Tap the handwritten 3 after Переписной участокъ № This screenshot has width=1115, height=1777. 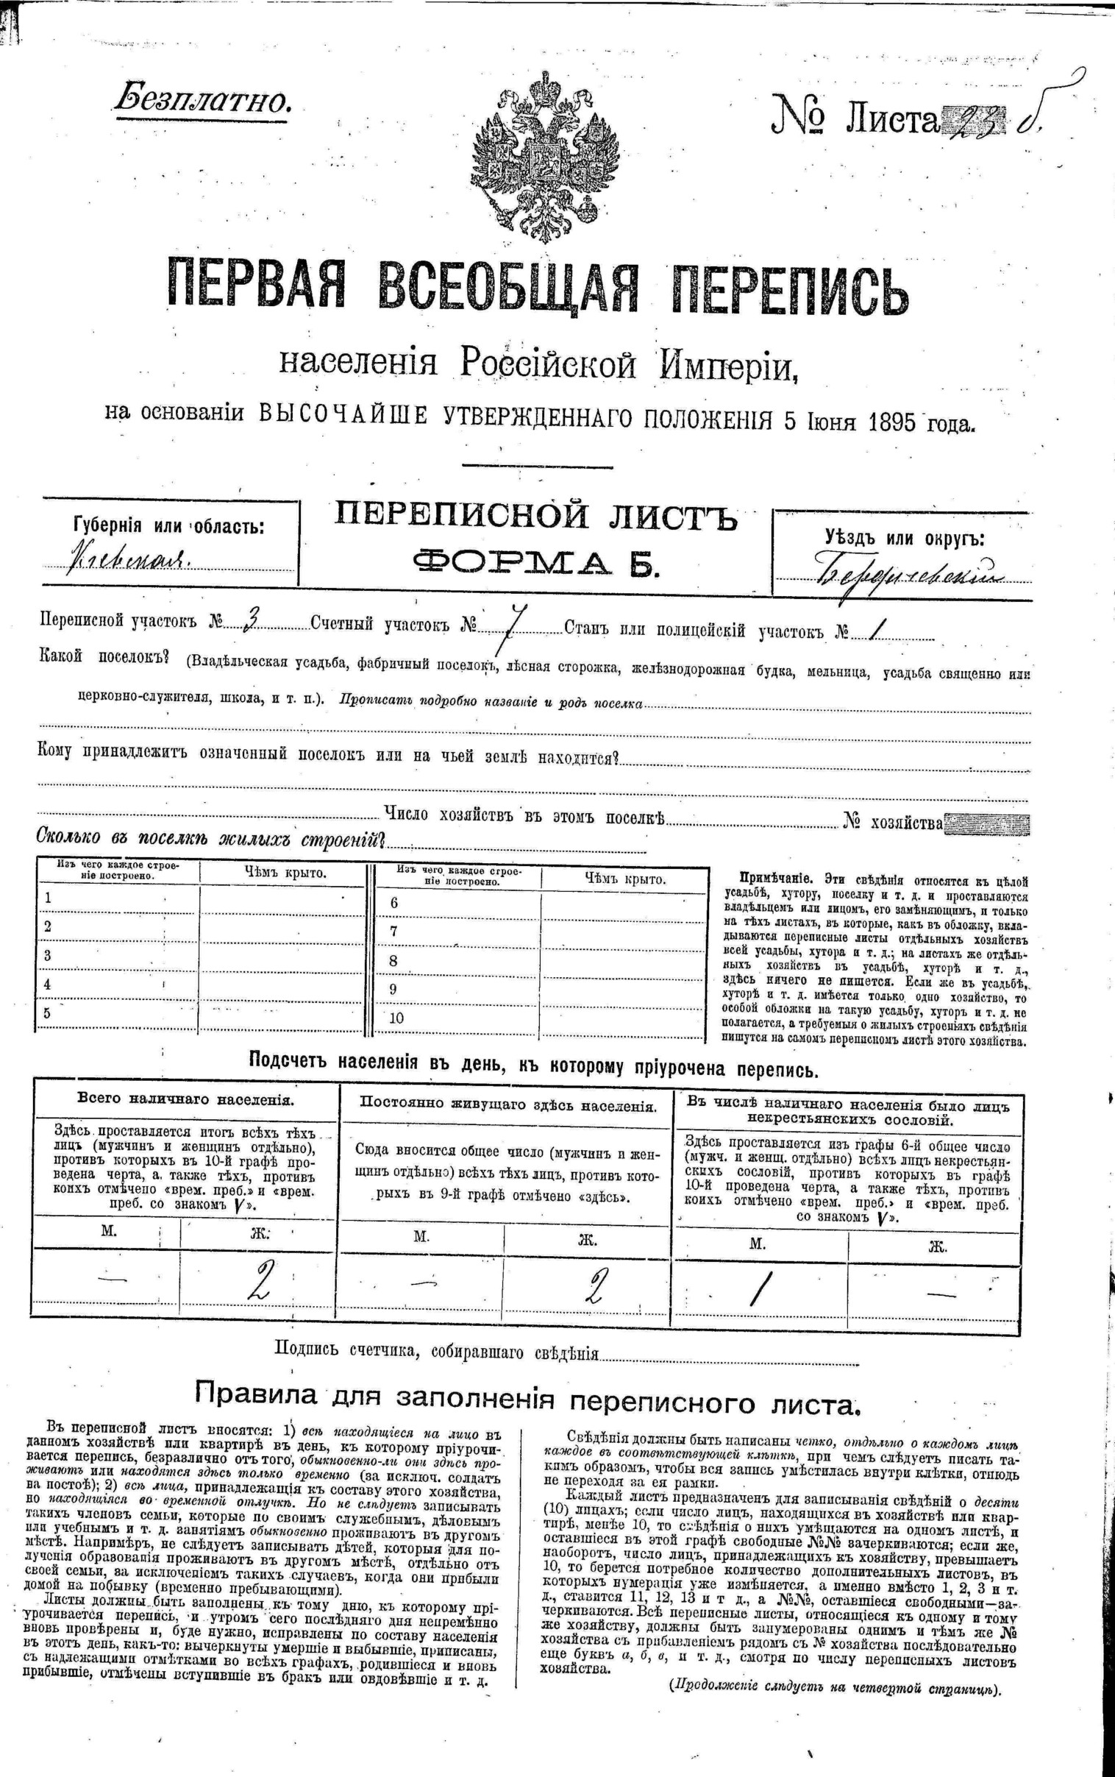click(250, 620)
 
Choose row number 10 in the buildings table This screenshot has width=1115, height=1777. click(396, 1018)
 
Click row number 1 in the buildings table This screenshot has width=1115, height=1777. click(48, 898)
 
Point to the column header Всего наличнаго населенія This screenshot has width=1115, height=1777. click(186, 1099)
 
